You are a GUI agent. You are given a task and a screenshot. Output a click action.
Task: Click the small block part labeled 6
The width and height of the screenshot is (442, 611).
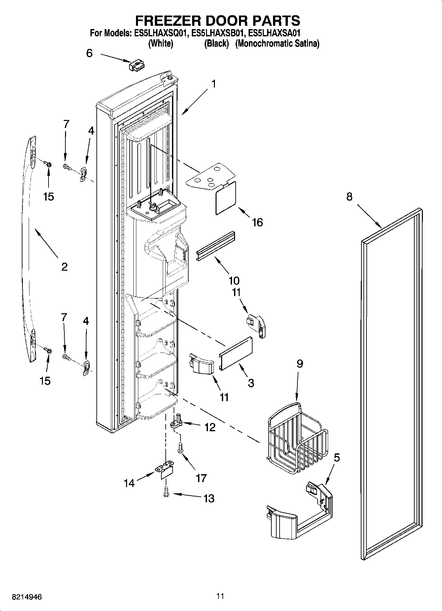coord(137,65)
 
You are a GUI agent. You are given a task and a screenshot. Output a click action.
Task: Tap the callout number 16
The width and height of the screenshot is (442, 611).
coord(257,222)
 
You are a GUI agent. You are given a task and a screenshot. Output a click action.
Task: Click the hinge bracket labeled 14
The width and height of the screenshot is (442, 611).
coord(165,469)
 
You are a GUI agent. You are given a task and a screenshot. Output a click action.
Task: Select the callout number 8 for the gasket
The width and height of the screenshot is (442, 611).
coord(349,197)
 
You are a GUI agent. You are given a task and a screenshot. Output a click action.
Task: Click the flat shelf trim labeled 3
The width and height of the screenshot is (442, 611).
coord(236,352)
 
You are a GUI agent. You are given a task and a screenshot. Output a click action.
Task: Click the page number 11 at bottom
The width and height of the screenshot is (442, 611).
coord(221,596)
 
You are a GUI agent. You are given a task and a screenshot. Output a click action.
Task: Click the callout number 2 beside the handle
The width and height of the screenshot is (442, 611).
coord(64,266)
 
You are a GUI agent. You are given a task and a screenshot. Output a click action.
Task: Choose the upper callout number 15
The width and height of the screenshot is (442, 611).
coord(49,197)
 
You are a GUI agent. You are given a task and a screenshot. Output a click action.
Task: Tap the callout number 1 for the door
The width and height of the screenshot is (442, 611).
coord(214,84)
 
